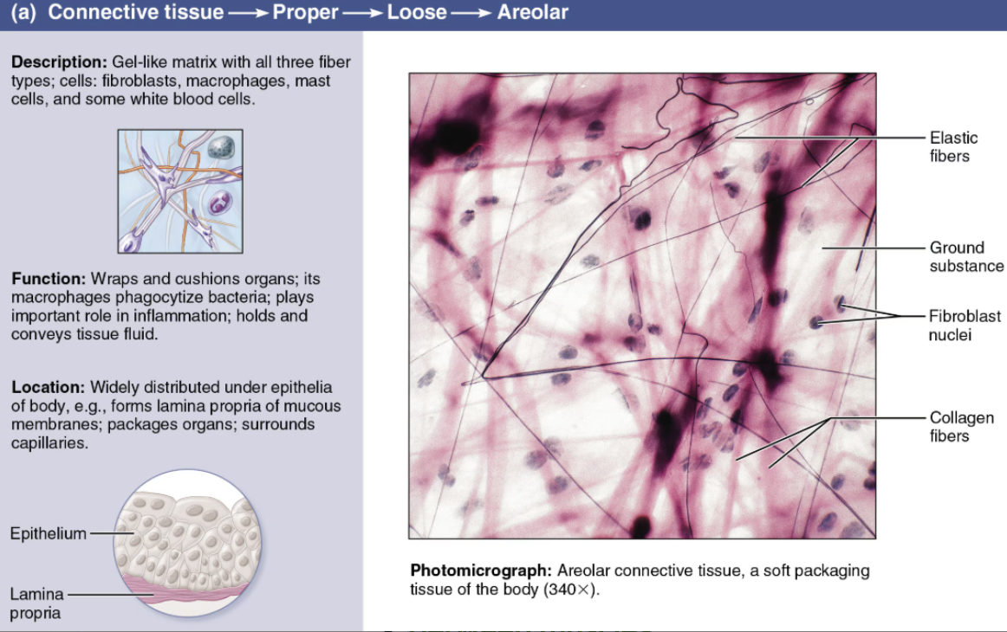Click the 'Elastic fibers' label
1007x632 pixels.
953,147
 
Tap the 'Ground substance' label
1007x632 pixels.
966,256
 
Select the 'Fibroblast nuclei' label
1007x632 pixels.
965,326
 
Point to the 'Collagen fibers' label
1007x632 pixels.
961,427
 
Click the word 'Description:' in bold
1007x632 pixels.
59,62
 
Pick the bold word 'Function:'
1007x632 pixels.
49,279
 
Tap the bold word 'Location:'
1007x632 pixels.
49,388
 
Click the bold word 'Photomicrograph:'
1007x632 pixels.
481,571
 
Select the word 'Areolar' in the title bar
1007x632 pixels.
532,12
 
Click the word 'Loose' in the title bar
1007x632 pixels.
416,12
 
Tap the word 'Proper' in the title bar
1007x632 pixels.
305,13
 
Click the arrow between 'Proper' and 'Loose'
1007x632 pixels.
362,14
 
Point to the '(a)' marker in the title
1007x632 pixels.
23,13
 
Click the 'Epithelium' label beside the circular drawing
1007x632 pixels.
49,534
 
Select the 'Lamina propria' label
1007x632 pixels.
36,603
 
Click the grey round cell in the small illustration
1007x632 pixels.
221,147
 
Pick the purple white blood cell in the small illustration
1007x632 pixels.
219,203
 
